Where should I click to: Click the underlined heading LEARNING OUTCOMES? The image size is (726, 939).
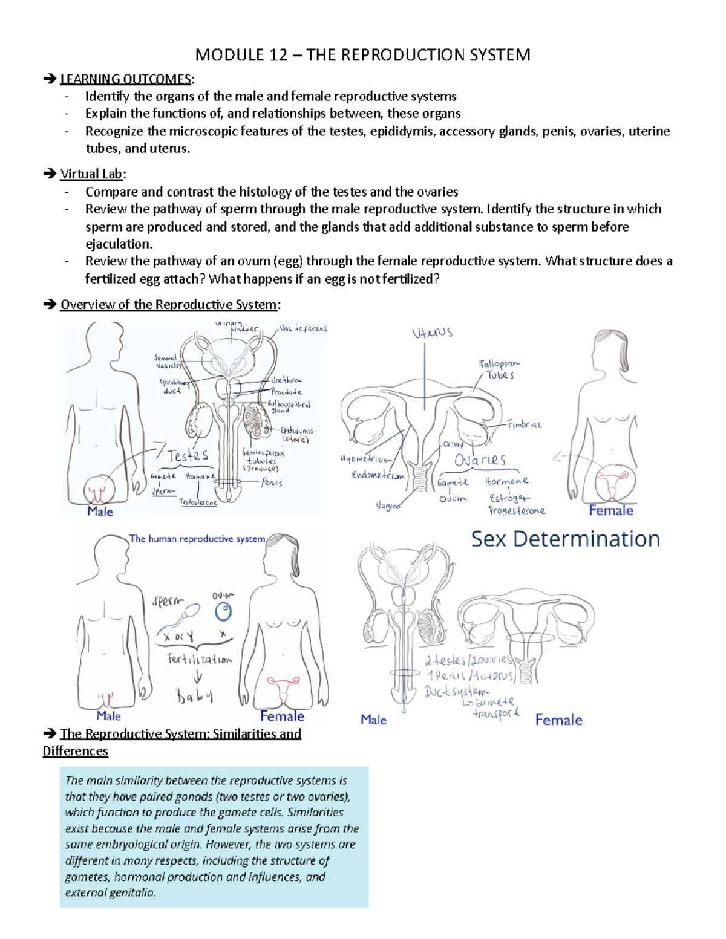[x=125, y=79]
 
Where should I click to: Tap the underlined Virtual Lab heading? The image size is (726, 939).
[x=91, y=174]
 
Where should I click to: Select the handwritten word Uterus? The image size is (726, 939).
[x=432, y=333]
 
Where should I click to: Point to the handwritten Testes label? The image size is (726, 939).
[x=188, y=455]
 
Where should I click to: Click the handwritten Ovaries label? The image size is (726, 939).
[x=480, y=460]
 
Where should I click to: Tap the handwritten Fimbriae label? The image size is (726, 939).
[x=524, y=424]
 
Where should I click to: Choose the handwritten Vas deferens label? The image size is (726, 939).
[x=303, y=328]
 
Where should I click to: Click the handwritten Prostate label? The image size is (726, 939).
[x=286, y=392]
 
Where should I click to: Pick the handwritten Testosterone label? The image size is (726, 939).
[x=198, y=502]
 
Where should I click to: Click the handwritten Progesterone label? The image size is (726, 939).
[x=517, y=511]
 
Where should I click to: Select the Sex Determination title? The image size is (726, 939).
[x=565, y=539]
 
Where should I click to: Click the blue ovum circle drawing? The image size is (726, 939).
[x=224, y=612]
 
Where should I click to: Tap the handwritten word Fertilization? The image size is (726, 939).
[x=200, y=660]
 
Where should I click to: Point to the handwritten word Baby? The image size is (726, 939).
[x=195, y=697]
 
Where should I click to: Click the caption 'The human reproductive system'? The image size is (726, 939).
[x=197, y=539]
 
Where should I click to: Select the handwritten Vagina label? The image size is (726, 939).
[x=388, y=505]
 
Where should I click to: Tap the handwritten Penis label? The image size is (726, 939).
[x=272, y=482]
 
